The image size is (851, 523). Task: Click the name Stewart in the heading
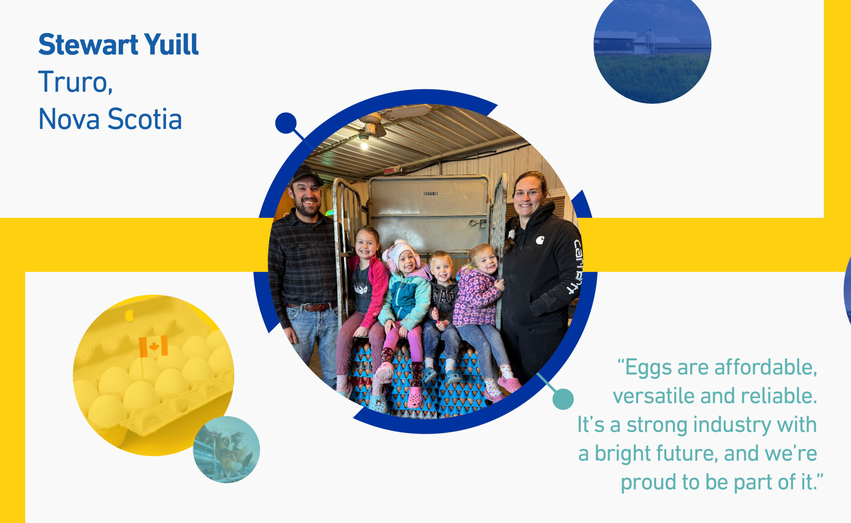click(88, 45)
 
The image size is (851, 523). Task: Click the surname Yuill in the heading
click(172, 45)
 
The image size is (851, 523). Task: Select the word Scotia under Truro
click(145, 119)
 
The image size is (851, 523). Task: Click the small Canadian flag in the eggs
click(153, 346)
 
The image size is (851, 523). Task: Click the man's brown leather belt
click(311, 307)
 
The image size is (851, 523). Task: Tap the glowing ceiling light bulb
click(364, 145)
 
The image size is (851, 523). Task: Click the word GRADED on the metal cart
click(431, 194)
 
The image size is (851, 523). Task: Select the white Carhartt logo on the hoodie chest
click(540, 240)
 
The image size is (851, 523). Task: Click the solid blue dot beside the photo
click(286, 123)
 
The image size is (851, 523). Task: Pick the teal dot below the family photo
click(563, 399)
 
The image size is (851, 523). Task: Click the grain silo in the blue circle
click(650, 41)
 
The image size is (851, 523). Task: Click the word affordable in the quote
click(766, 367)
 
